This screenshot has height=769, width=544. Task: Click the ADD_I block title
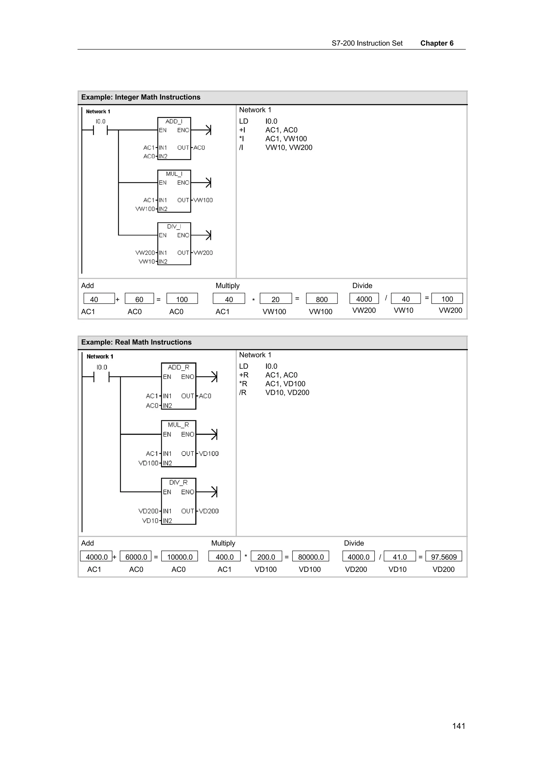[174, 121]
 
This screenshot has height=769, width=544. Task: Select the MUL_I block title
[174, 174]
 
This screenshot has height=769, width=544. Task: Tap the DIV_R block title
[178, 482]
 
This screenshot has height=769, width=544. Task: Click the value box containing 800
[321, 299]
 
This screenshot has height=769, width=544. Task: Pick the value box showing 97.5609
[443, 557]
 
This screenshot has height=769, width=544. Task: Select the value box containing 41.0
[399, 557]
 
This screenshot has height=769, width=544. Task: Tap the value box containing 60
[139, 299]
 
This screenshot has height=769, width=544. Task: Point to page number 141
[458, 726]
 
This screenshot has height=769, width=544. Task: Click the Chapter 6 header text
[437, 43]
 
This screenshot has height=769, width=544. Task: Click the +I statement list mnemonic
[242, 130]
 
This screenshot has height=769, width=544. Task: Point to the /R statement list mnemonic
[243, 392]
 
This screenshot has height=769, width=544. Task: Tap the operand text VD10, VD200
[287, 392]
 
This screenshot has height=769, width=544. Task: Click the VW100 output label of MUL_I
[203, 200]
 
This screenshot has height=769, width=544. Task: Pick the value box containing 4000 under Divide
[364, 299]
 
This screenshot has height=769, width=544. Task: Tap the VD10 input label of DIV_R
[150, 520]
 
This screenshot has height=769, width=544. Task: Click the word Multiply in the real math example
[223, 543]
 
